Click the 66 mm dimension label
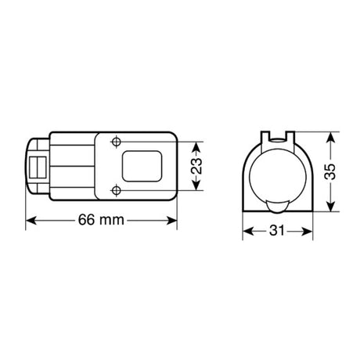click(x=101, y=220)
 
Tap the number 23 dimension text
click(x=197, y=166)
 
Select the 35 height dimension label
click(x=330, y=171)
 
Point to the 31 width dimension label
click(x=277, y=231)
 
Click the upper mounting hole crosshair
click(x=117, y=142)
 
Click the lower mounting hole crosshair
click(x=117, y=190)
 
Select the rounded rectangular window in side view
click(x=142, y=166)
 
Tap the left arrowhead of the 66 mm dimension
click(x=31, y=221)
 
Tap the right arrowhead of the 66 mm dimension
click(x=172, y=221)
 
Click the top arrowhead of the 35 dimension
click(x=330, y=137)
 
